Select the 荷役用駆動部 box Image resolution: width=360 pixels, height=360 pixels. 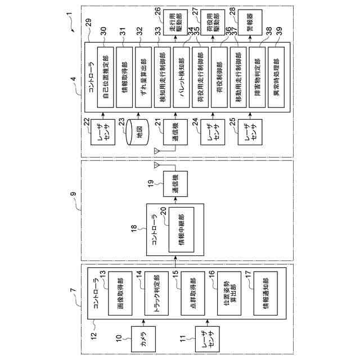[x=214, y=24]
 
